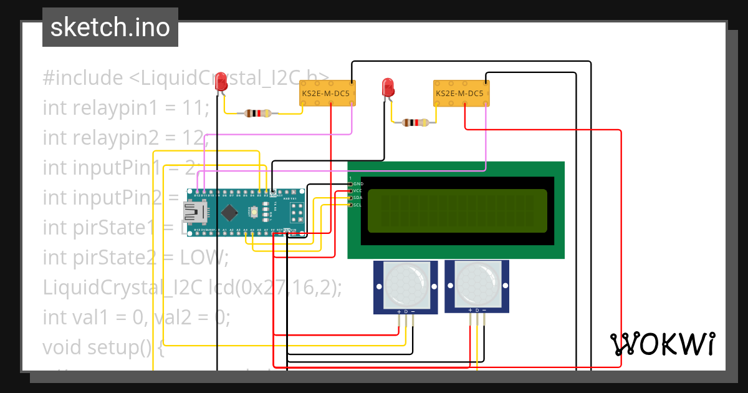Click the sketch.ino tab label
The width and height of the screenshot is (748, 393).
coord(110,28)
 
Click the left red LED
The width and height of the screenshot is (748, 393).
coord(221,83)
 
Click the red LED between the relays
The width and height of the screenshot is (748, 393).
coord(388,88)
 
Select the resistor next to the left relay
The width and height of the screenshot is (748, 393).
coord(258,114)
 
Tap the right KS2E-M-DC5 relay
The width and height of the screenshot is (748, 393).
coord(461,94)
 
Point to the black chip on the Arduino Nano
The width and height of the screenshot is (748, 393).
coord(229,213)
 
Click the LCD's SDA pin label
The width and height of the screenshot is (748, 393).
coord(358,198)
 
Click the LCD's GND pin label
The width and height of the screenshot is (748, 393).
coord(358,184)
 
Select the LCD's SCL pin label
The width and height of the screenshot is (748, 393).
coord(358,205)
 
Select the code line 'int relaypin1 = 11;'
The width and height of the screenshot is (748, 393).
coord(126,108)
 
